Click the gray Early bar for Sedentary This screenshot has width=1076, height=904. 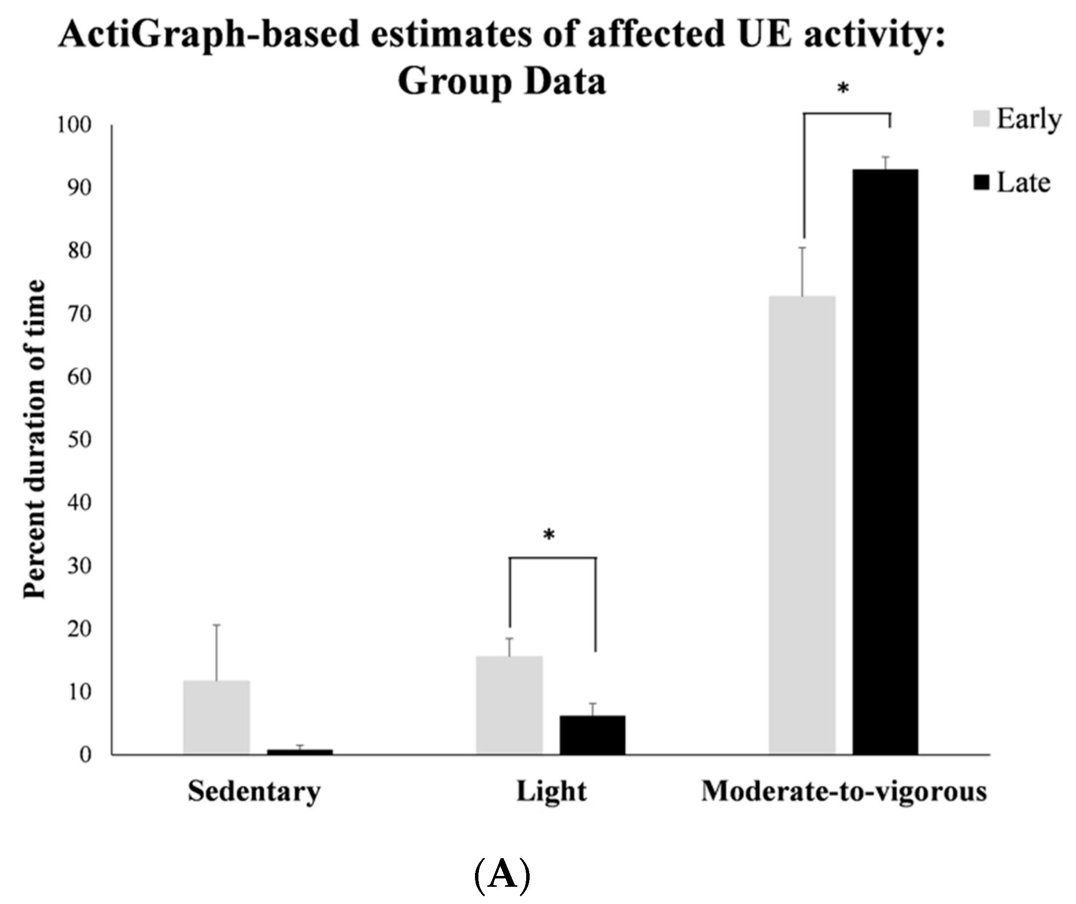pos(216,717)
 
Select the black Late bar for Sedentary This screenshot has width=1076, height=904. pos(300,752)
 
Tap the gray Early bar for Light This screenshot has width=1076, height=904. pos(509,705)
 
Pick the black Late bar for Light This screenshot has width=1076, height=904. pos(592,735)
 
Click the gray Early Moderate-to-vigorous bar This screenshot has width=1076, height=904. pos(803,525)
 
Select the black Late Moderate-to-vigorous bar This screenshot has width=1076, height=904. pos(886,461)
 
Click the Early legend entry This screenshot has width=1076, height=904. pos(1017,120)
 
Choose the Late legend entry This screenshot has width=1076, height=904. pos(1013,183)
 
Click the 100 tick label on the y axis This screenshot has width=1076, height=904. pos(74,125)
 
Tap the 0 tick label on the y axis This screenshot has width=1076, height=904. pos(85,755)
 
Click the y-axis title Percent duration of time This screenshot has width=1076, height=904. pos(35,439)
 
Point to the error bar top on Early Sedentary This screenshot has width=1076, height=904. pos(216,624)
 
